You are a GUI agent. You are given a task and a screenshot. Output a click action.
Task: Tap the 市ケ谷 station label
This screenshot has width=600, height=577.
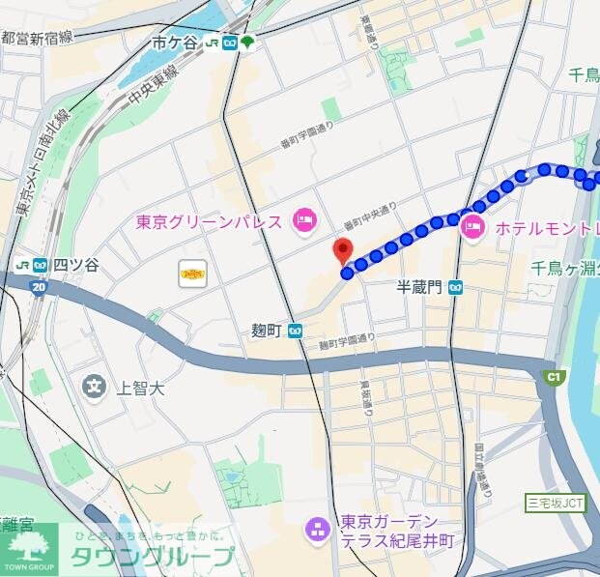[173, 43]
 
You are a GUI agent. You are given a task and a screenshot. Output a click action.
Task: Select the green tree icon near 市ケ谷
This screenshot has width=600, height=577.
[248, 43]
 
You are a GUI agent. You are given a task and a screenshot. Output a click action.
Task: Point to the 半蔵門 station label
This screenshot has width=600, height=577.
[418, 287]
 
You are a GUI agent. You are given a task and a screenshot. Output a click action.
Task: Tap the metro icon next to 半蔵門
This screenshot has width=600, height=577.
[455, 287]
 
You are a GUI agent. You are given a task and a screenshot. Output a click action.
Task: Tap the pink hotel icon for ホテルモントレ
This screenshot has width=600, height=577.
[472, 228]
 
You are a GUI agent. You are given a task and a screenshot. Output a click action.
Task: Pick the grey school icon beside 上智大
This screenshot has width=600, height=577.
[95, 388]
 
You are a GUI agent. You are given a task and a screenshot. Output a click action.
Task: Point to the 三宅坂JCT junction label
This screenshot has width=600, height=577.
[556, 503]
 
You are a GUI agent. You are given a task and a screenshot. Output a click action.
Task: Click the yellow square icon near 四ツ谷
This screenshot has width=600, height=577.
[192, 274]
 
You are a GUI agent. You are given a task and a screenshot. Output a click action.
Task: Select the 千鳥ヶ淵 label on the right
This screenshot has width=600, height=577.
[566, 268]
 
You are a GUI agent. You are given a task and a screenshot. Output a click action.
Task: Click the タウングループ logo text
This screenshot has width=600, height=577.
[151, 557]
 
